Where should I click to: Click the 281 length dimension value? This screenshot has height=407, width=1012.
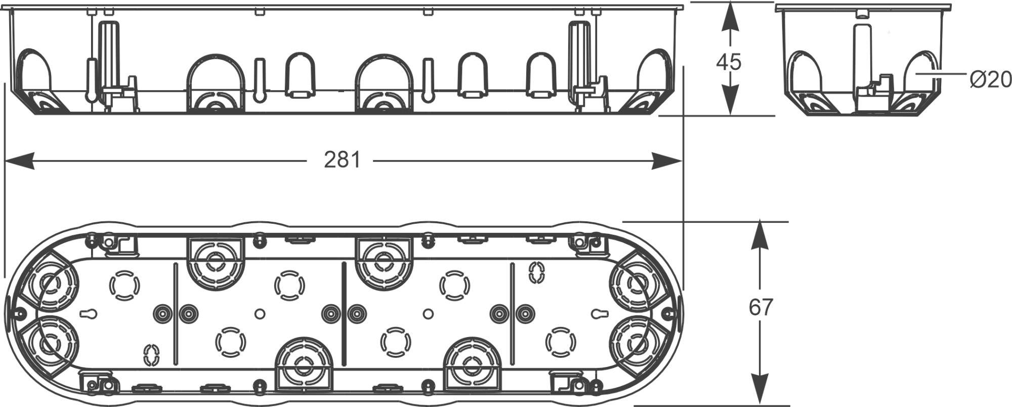[342, 160]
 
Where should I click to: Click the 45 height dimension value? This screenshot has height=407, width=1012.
[729, 62]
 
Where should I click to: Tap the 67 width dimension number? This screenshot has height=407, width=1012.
[761, 307]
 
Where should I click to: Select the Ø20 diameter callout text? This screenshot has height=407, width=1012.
[990, 79]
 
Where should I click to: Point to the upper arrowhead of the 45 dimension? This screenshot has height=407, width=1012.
[729, 18]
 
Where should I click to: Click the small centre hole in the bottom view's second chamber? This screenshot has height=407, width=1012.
[260, 314]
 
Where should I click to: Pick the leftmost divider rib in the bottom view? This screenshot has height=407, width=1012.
[175, 314]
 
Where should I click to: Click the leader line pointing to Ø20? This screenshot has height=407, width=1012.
[941, 73]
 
